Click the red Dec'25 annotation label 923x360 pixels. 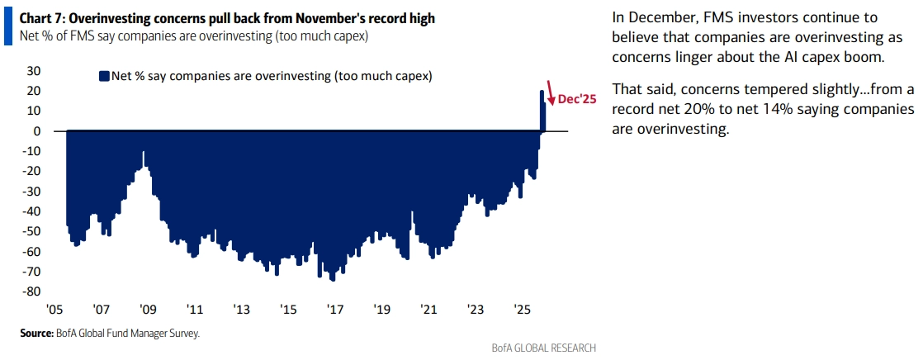(x=577, y=98)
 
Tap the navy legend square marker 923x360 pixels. (x=104, y=76)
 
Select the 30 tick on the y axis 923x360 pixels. (x=34, y=71)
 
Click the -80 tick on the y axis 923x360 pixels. (x=31, y=291)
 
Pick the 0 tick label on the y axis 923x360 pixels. (x=38, y=131)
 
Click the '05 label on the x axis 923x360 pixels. (x=54, y=310)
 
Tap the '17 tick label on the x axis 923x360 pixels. (x=335, y=310)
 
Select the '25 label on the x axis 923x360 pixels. (x=522, y=310)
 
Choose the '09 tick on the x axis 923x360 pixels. (x=148, y=310)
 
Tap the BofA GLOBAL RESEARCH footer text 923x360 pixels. (x=542, y=348)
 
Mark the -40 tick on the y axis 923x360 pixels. (x=31, y=211)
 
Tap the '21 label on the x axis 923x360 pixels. (x=428, y=310)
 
